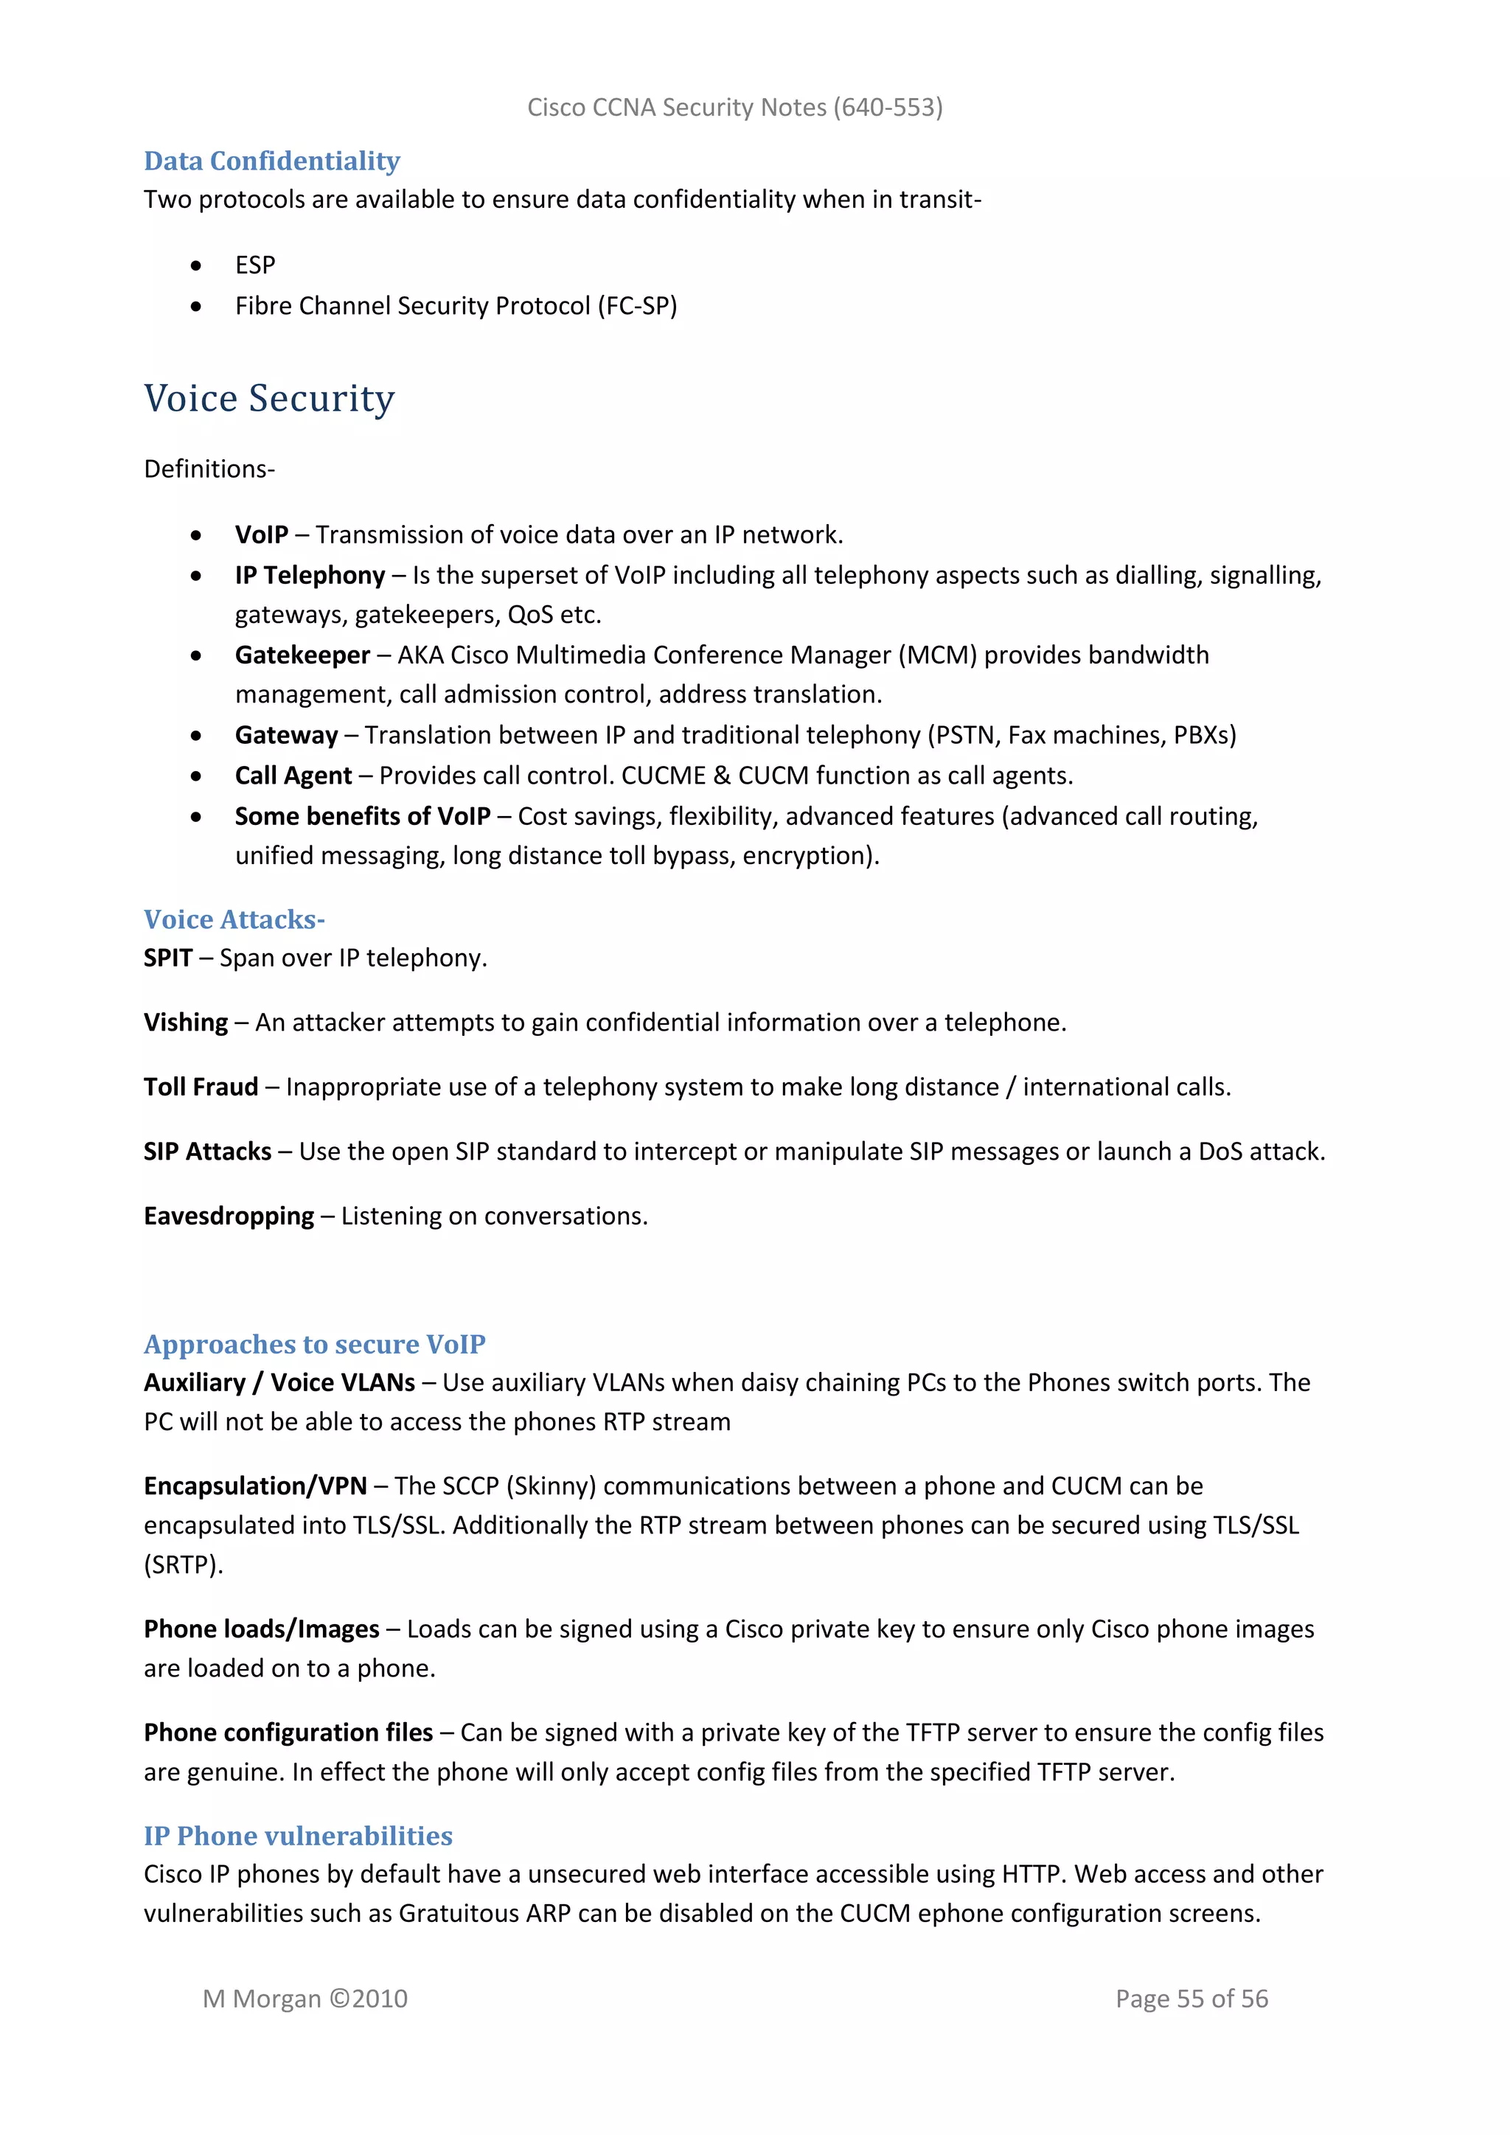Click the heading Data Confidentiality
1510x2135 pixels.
271,161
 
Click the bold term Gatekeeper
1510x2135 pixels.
302,655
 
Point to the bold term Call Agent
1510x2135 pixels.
293,776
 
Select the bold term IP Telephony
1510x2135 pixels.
310,576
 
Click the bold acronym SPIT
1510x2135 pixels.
167,958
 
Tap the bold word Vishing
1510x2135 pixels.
185,1023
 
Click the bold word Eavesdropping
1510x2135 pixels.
229,1216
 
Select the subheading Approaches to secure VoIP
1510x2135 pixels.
314,1345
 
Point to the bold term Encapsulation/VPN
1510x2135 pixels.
255,1486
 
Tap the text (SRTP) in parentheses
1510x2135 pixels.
183,1565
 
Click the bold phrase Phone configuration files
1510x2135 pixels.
288,1732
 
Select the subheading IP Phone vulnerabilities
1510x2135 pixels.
298,1836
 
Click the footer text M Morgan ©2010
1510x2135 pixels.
305,1999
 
